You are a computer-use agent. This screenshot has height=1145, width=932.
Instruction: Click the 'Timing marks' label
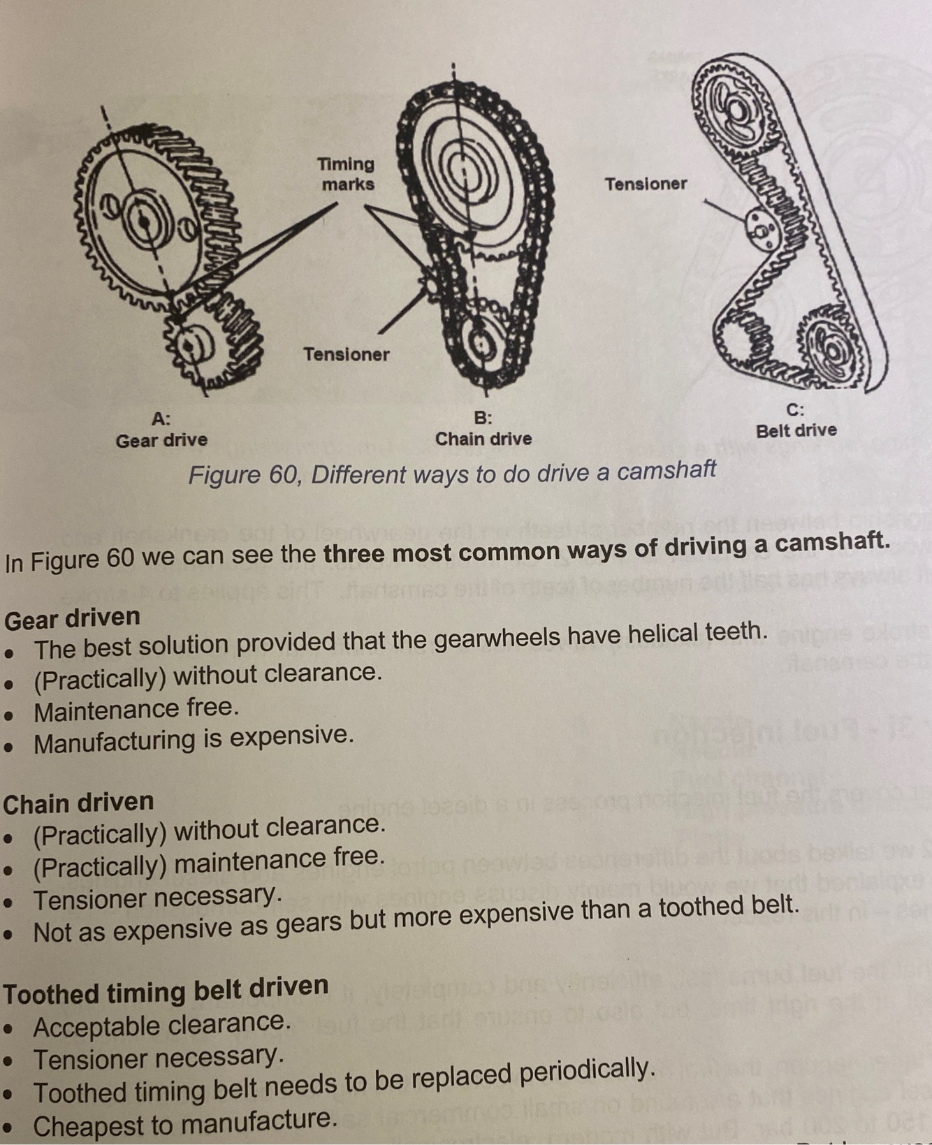(x=347, y=174)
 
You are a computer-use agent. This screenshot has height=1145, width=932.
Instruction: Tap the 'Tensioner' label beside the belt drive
(x=646, y=184)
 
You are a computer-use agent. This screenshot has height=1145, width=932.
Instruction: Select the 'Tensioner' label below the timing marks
(x=346, y=354)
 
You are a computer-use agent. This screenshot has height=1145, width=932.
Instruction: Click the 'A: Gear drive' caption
(x=161, y=430)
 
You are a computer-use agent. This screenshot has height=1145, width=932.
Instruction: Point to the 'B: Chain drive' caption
(x=483, y=429)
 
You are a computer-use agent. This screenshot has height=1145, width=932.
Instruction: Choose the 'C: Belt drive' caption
(x=796, y=421)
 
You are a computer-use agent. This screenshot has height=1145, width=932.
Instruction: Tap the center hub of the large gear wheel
(x=145, y=219)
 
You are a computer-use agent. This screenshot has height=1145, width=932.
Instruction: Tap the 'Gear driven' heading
(x=72, y=618)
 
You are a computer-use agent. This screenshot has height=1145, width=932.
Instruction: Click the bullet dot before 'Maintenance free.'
(x=9, y=715)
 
